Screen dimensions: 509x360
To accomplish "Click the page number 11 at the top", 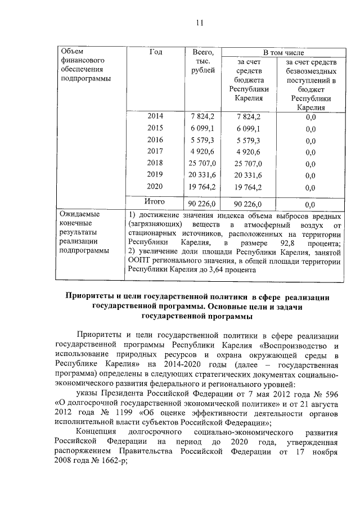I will (199, 23).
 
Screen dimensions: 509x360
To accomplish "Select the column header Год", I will (156, 52).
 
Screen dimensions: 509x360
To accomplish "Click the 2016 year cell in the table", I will (155, 139).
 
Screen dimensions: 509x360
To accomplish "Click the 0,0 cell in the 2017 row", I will (310, 152).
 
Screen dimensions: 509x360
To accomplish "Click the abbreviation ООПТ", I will (138, 260).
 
